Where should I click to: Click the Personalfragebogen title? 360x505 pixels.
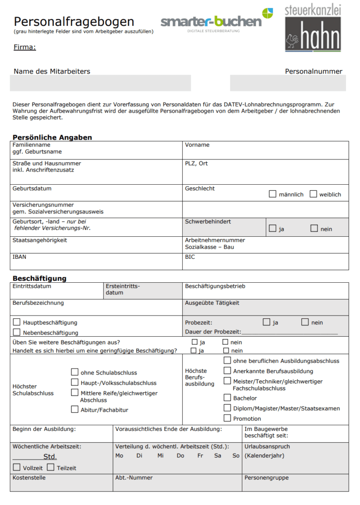(74, 21)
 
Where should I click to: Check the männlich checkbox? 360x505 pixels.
(272, 194)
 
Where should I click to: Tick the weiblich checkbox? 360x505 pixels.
(313, 194)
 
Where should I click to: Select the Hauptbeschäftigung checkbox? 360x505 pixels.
(17, 322)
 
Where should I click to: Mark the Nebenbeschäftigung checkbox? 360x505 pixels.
(17, 332)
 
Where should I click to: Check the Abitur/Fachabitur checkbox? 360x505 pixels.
(75, 409)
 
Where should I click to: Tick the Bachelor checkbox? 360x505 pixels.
(227, 398)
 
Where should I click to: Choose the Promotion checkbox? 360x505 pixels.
(227, 418)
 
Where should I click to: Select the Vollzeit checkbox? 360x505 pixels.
(17, 467)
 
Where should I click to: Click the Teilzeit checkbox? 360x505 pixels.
(51, 467)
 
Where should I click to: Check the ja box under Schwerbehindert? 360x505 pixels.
(272, 229)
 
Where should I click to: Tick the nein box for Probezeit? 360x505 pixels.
(305, 322)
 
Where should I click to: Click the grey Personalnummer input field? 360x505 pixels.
(288, 83)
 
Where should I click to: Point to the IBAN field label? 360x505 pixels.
(19, 257)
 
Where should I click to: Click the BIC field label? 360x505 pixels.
(190, 257)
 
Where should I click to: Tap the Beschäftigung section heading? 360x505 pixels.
(39, 278)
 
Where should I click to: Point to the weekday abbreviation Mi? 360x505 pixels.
(160, 456)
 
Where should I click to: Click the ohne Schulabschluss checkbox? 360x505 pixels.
(75, 372)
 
